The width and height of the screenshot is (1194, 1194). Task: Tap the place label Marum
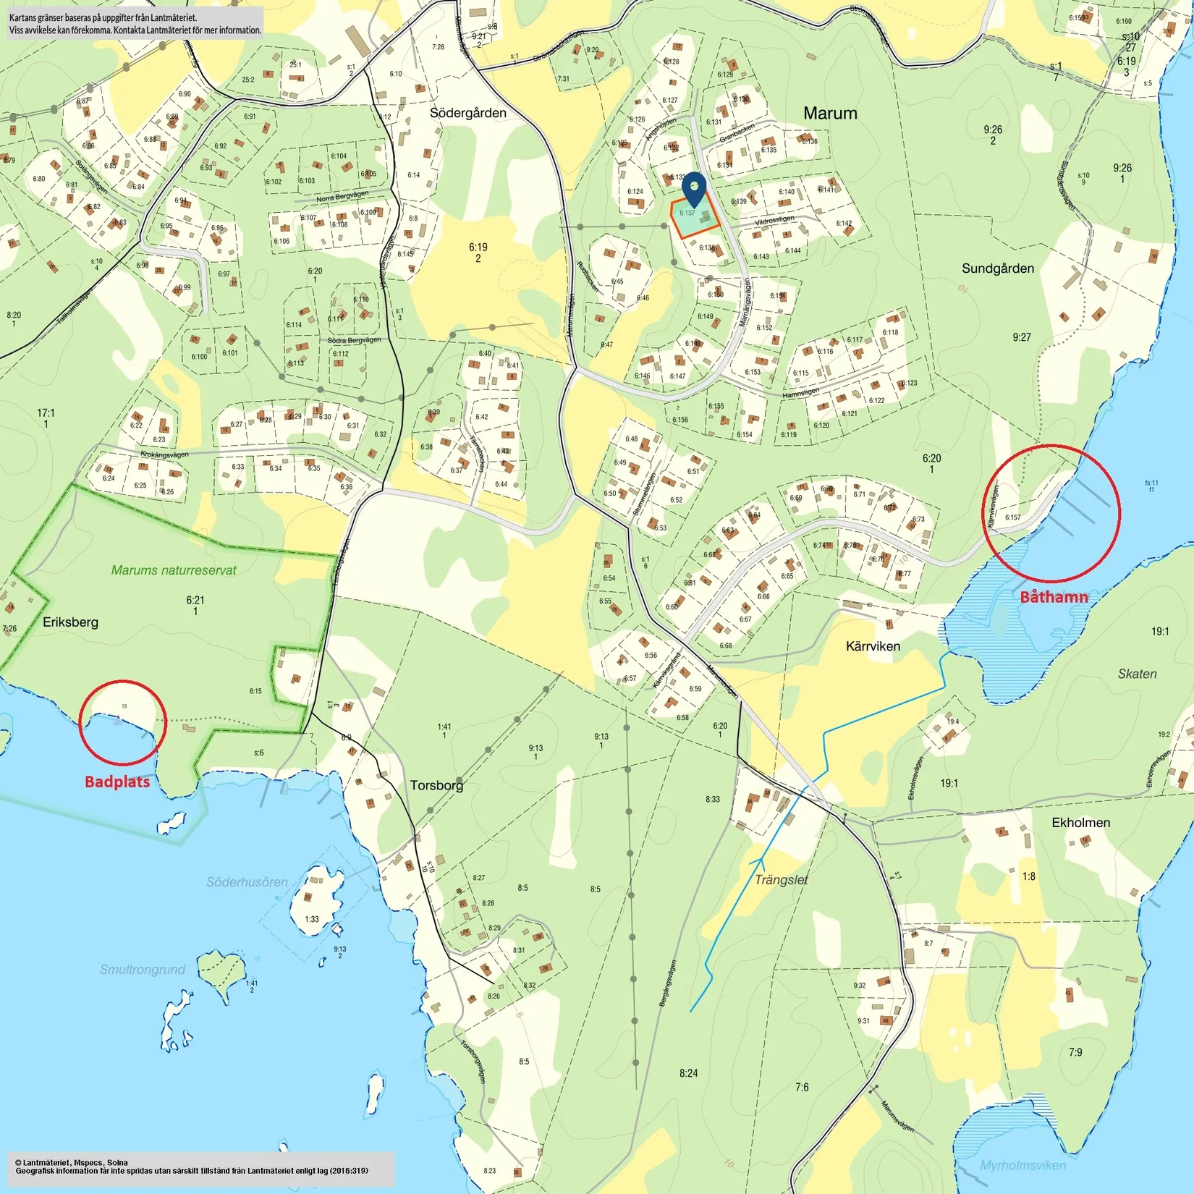pyautogui.click(x=830, y=113)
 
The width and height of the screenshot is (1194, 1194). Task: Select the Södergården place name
pyautogui.click(x=468, y=113)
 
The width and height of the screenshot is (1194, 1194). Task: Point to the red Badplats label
pyautogui.click(x=117, y=782)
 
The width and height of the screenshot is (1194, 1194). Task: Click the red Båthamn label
pyautogui.click(x=1054, y=596)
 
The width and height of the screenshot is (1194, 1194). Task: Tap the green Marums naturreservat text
pyautogui.click(x=174, y=570)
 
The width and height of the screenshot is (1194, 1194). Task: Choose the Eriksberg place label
pyautogui.click(x=70, y=622)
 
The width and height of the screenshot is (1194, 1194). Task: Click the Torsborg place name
pyautogui.click(x=436, y=785)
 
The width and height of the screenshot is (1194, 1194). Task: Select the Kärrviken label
pyautogui.click(x=873, y=646)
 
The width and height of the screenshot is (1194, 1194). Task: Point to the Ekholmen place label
pyautogui.click(x=1080, y=823)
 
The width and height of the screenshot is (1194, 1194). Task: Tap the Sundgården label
pyautogui.click(x=998, y=268)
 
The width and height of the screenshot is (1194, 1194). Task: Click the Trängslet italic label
pyautogui.click(x=781, y=880)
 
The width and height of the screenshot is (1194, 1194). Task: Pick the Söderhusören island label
pyautogui.click(x=247, y=882)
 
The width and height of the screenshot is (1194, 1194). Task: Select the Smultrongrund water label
pyautogui.click(x=143, y=970)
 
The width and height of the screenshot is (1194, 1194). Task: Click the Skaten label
pyautogui.click(x=1137, y=674)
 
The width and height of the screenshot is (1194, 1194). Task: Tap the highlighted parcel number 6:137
pyautogui.click(x=687, y=213)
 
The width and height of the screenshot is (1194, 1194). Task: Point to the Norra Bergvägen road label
pyautogui.click(x=342, y=197)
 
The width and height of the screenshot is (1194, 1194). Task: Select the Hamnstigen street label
pyautogui.click(x=800, y=393)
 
